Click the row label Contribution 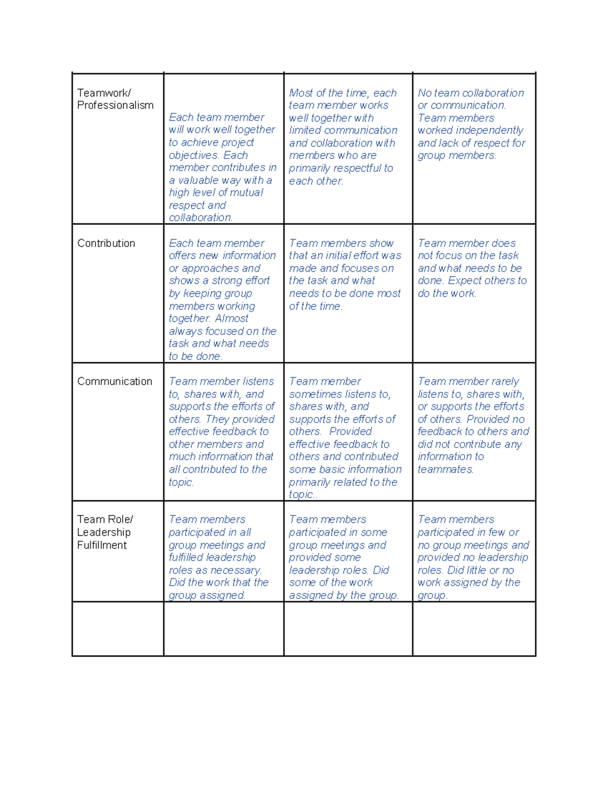(x=106, y=243)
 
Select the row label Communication (x=115, y=382)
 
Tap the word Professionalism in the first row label (x=115, y=105)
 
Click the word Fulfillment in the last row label (x=102, y=545)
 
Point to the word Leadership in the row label (x=103, y=533)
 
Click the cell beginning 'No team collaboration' (x=471, y=124)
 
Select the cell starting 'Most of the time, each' (x=343, y=137)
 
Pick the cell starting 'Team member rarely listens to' (x=473, y=425)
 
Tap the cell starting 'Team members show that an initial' (x=345, y=275)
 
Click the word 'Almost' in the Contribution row (x=232, y=319)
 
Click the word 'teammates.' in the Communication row (x=445, y=470)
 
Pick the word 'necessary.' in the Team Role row (x=236, y=571)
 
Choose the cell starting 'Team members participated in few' (x=473, y=557)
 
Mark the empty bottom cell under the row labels (x=118, y=629)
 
